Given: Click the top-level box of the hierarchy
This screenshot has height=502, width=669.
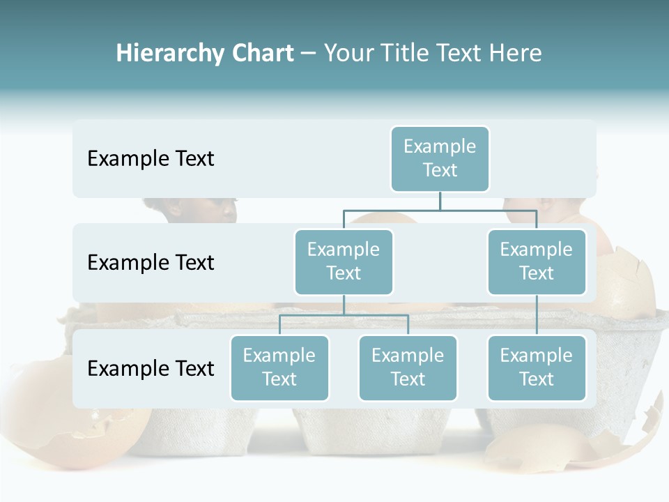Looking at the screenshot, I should (440, 158).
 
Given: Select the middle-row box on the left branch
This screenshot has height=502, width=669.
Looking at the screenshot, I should (344, 261).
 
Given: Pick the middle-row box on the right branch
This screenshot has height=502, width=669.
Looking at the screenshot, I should (537, 261).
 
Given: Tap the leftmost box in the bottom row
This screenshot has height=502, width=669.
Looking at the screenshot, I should (279, 367).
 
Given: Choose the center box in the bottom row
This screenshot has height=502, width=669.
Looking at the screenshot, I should (408, 367).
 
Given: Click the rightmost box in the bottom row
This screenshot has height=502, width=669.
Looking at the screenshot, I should (537, 367).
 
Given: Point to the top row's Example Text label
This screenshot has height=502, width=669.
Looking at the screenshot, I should (151, 159).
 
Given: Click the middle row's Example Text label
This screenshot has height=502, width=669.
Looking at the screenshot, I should (151, 263).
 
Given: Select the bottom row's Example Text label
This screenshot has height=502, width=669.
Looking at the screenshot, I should (151, 368).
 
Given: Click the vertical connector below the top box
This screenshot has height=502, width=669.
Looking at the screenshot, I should (440, 200).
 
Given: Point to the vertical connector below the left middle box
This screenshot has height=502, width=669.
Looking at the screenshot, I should (344, 305).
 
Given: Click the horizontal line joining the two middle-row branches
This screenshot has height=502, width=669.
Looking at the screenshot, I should (440, 209).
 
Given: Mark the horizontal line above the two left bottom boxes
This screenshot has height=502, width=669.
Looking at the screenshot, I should (344, 315).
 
